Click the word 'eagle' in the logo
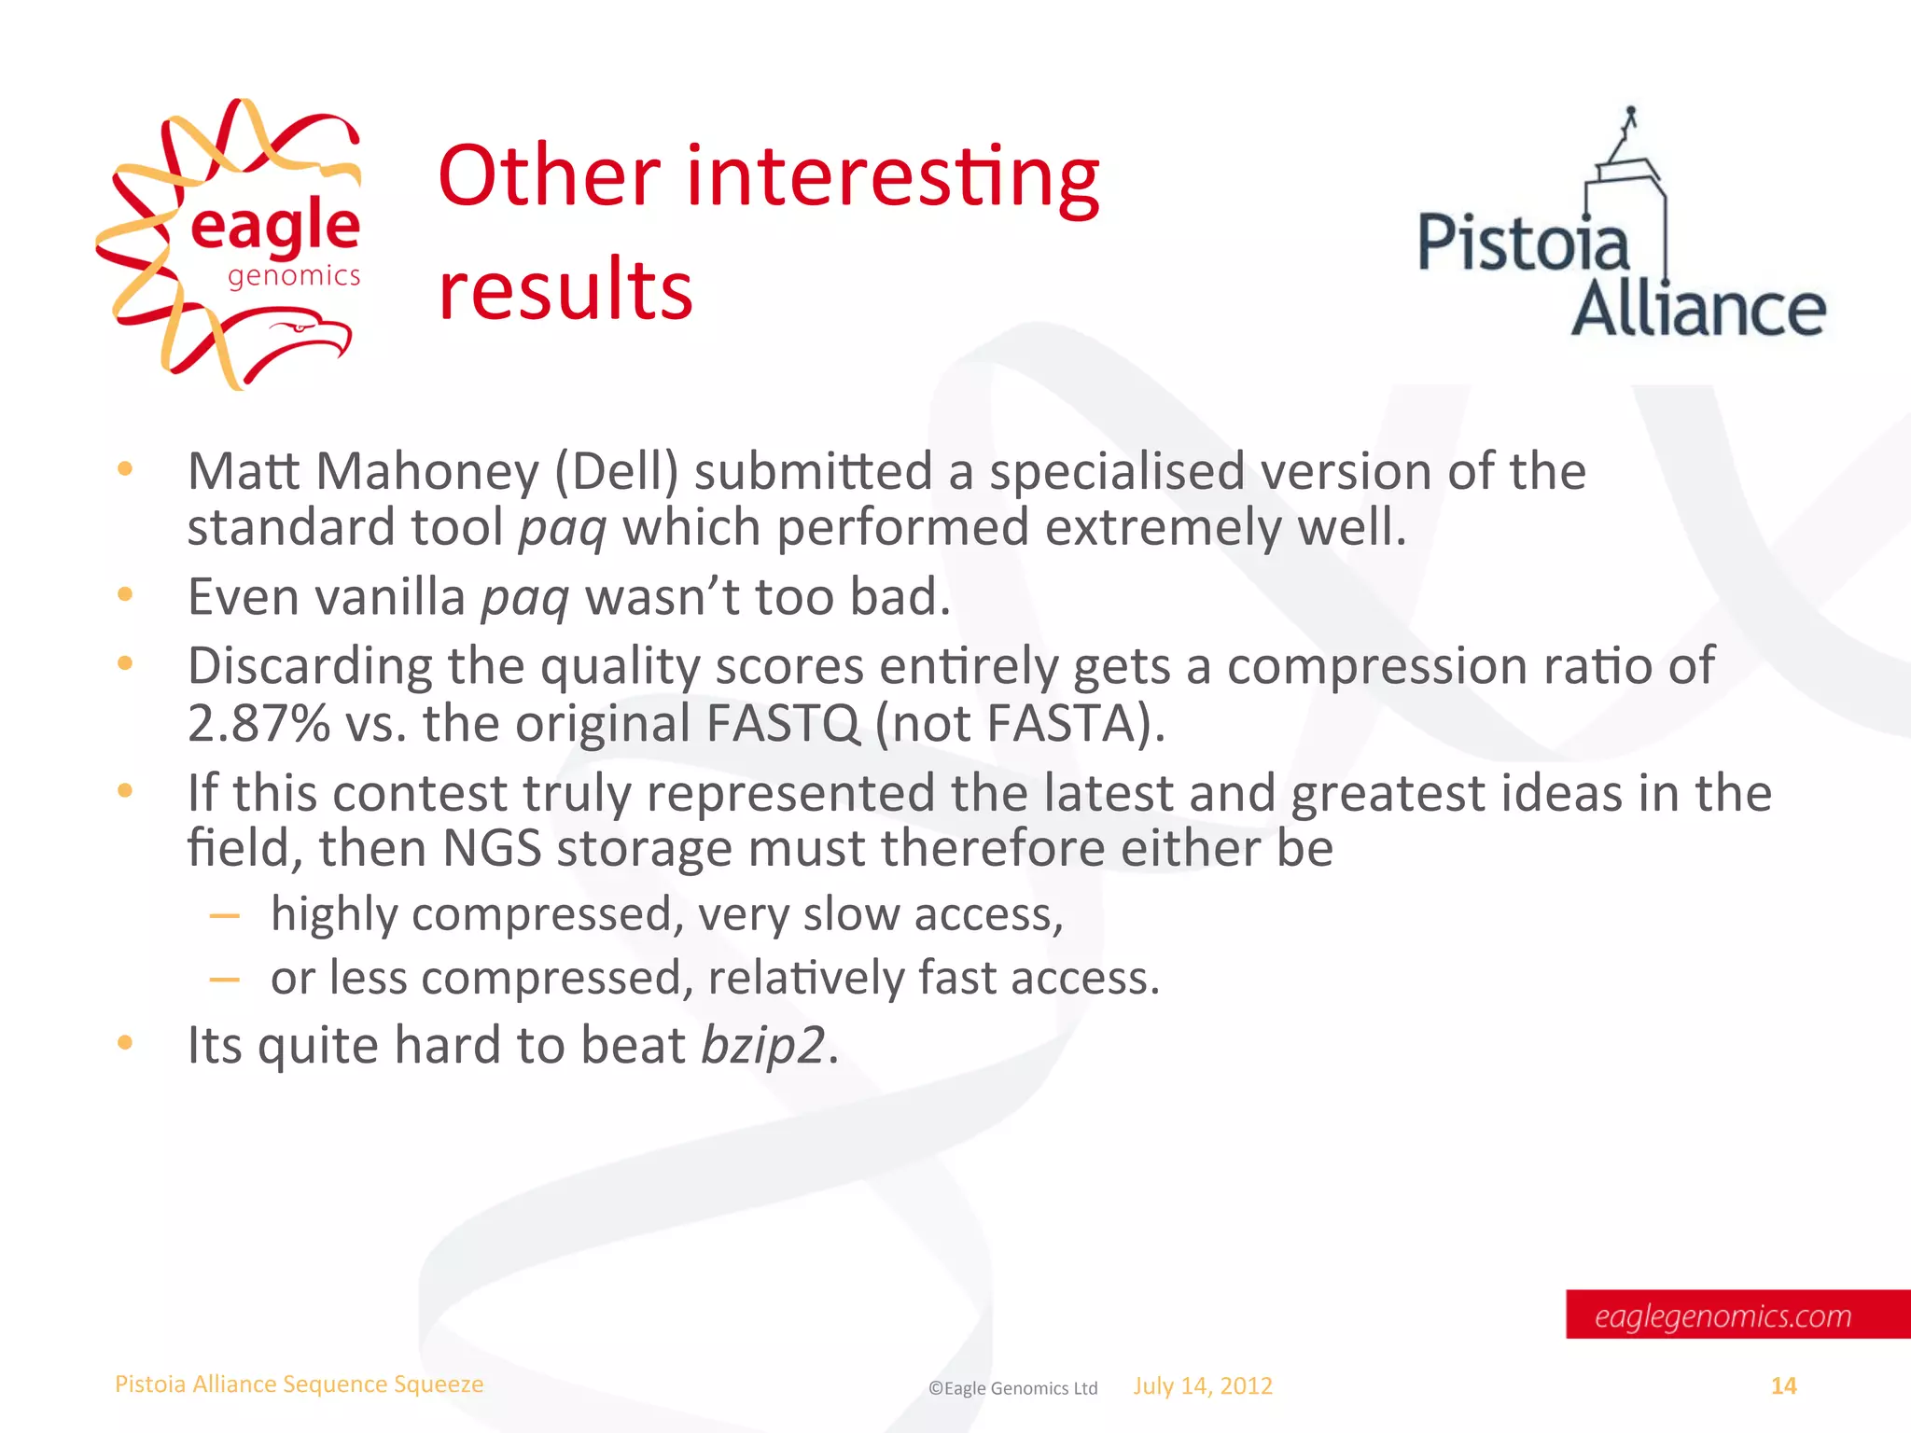click(x=274, y=227)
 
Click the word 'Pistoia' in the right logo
click(x=1523, y=244)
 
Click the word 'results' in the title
click(x=565, y=289)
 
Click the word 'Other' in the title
click(x=550, y=176)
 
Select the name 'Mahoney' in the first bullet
click(x=427, y=471)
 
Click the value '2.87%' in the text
click(x=258, y=723)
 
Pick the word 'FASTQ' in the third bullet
click(x=783, y=723)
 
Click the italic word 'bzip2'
click(x=762, y=1045)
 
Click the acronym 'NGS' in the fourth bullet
click(x=492, y=849)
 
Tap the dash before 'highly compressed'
click(x=225, y=916)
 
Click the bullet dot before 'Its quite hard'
click(x=125, y=1043)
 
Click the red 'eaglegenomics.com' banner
click(x=1736, y=1315)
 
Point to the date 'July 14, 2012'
click(x=1203, y=1386)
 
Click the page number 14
click(x=1783, y=1386)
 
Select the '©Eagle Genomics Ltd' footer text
click(x=1012, y=1388)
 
